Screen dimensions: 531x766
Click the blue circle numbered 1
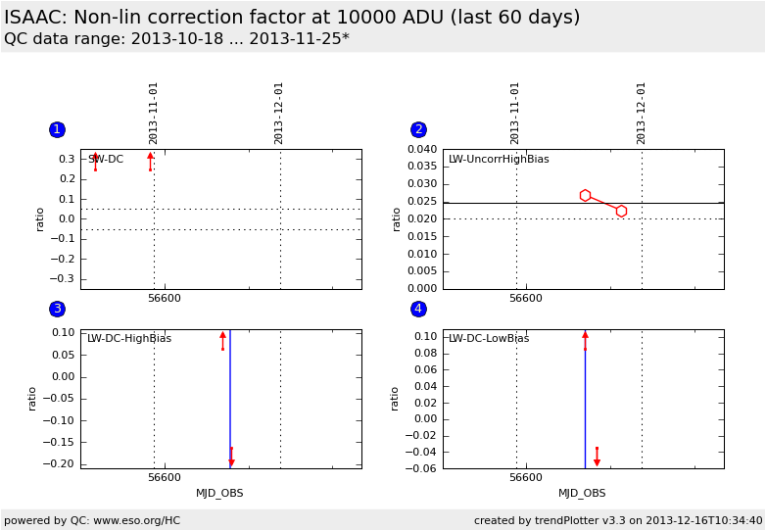click(57, 130)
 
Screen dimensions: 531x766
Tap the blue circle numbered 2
click(418, 130)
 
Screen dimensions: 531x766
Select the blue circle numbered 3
click(57, 310)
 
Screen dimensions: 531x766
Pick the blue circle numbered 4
click(418, 310)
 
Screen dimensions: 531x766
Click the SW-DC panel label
click(106, 160)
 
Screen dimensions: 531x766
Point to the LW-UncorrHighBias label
click(499, 160)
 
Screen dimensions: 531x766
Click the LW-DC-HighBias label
click(129, 339)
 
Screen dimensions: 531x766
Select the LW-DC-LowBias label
click(489, 339)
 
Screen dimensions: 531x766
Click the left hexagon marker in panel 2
click(585, 196)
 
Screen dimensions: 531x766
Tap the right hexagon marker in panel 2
click(621, 211)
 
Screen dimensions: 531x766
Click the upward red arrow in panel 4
click(585, 336)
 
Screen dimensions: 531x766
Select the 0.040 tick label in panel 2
click(422, 150)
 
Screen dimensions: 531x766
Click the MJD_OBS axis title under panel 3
click(219, 494)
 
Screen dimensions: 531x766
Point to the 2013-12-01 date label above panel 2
click(642, 113)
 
